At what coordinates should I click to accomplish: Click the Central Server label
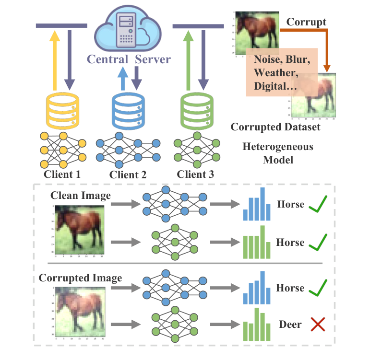pos(128,59)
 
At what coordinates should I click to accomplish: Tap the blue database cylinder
pos(128,110)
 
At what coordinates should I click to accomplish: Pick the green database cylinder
pos(195,110)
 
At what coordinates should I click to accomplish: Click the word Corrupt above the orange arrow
pos(306,22)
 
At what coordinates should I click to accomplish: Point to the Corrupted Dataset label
pos(275,127)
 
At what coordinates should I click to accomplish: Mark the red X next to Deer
pos(318,325)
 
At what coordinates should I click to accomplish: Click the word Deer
pos(290,325)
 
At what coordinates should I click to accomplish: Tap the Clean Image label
pos(80,195)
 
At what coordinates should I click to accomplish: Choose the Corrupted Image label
pos(80,278)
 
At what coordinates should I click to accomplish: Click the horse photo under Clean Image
pos(80,229)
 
